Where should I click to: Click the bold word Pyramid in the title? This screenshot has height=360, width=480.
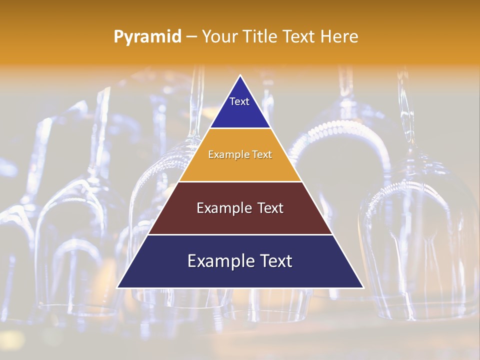[147, 37]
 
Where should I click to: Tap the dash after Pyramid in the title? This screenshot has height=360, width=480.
[191, 37]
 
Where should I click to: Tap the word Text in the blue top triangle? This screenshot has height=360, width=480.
[239, 101]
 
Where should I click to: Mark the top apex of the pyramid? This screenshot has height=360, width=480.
[240, 76]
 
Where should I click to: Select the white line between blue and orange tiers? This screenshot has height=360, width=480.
[240, 128]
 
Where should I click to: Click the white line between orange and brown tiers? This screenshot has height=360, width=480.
[240, 181]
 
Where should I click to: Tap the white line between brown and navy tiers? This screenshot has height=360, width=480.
[240, 234]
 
